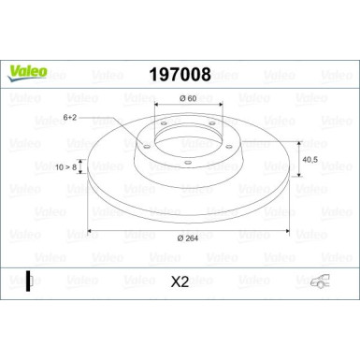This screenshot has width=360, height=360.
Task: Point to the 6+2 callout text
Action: pos(70,117)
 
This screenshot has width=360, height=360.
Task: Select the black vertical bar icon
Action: pos(30,280)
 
